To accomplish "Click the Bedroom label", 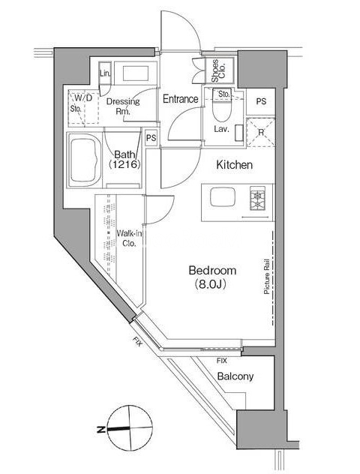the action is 212,270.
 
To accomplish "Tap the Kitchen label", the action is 234,165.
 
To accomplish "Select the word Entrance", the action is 181,99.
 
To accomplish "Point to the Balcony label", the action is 235,376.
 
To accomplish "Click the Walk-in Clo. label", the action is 129,238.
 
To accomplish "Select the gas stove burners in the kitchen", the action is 257,198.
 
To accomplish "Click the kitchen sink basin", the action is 223,196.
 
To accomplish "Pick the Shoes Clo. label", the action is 218,70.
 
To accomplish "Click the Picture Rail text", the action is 266,276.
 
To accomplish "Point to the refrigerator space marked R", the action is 261,132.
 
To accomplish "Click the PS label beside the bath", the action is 151,138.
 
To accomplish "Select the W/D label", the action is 83,97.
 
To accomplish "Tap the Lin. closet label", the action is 105,73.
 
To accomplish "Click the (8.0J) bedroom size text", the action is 211,283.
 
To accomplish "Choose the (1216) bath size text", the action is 124,164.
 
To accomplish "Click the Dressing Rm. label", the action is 123,106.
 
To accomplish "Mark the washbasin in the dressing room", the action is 136,73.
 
